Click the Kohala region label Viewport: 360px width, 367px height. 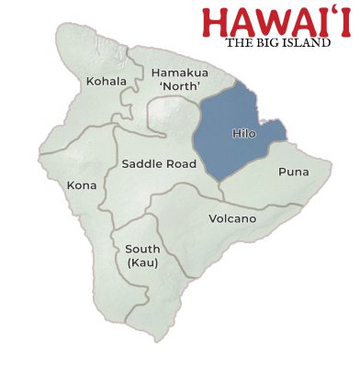pyautogui.click(x=107, y=82)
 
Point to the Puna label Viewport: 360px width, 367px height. pyautogui.click(x=293, y=172)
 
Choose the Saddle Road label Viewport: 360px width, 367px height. pyautogui.click(x=157, y=165)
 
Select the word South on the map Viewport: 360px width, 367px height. pyautogui.click(x=142, y=249)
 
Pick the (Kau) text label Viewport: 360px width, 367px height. pyautogui.click(x=142, y=263)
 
